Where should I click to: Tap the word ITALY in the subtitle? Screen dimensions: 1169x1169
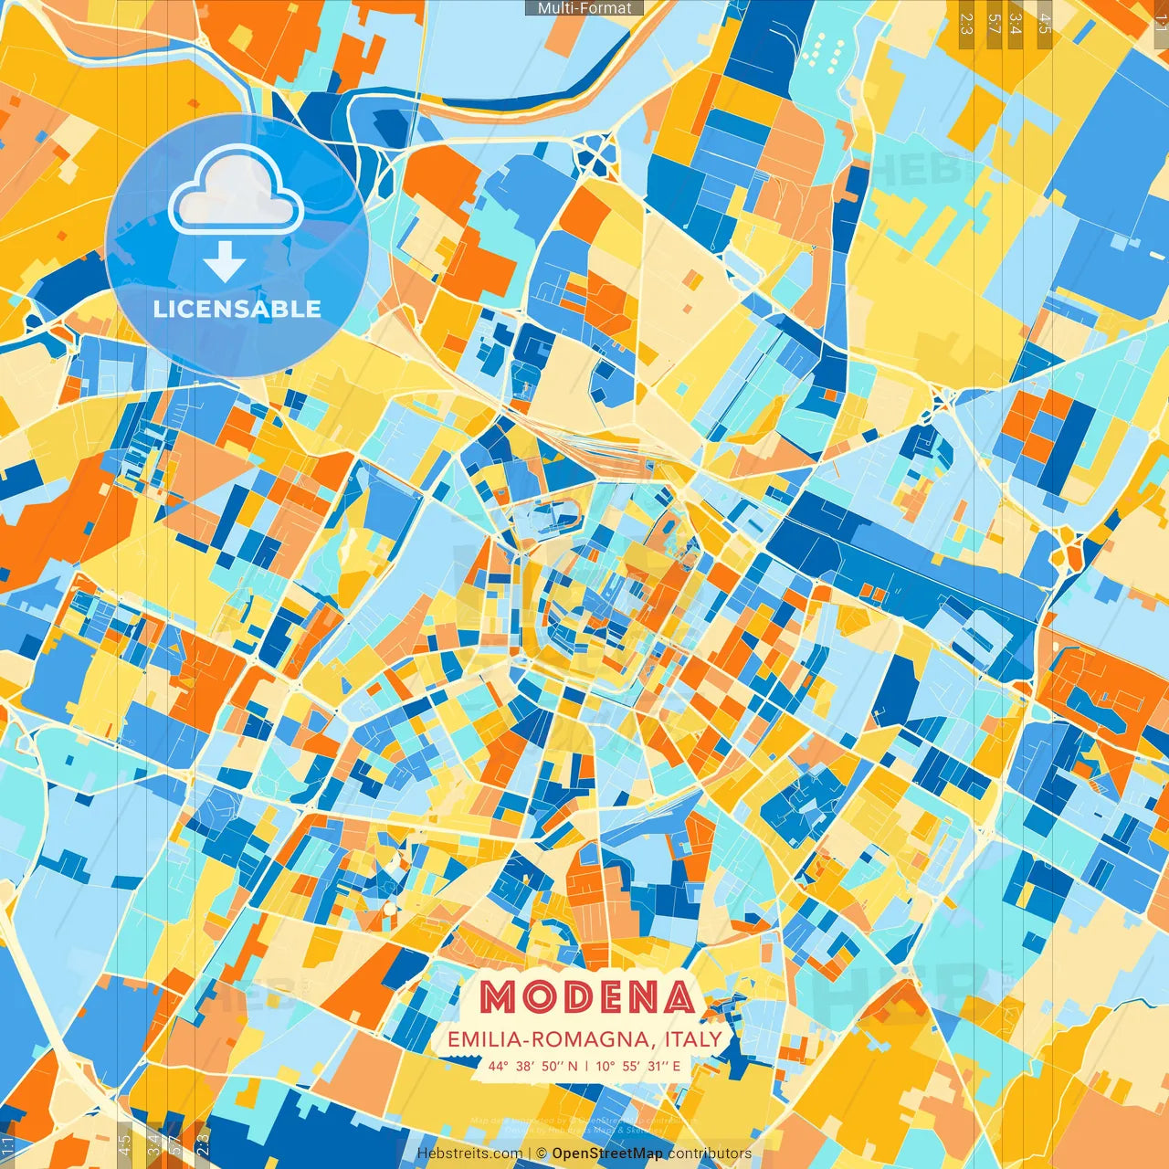(x=693, y=1039)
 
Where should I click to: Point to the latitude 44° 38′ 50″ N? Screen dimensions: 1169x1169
(x=532, y=1066)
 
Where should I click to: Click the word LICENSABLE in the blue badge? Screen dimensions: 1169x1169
(x=237, y=309)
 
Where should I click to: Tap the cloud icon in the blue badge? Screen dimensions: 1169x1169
(x=236, y=192)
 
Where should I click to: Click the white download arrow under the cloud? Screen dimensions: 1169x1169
(x=225, y=263)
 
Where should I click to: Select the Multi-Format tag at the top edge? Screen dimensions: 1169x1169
(x=584, y=8)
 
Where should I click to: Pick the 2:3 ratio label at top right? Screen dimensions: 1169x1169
(x=966, y=23)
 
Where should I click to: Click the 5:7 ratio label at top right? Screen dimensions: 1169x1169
(x=994, y=23)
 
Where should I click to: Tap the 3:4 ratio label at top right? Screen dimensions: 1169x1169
(x=1015, y=23)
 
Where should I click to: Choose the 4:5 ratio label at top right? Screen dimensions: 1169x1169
(x=1045, y=23)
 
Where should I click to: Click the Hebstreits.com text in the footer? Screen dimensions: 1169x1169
(x=469, y=1153)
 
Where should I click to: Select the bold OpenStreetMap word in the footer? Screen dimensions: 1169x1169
(x=607, y=1153)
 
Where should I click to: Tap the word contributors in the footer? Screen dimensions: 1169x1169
(x=710, y=1153)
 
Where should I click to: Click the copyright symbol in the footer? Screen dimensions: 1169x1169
(x=542, y=1153)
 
